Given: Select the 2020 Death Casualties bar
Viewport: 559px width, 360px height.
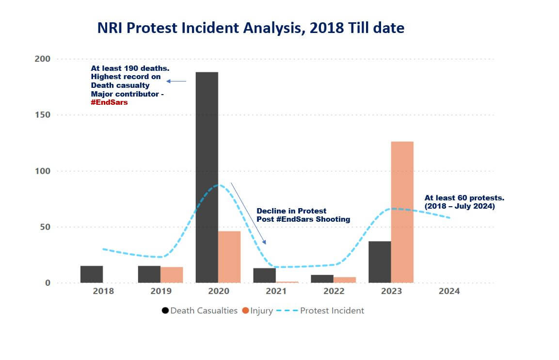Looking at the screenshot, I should point(207,177).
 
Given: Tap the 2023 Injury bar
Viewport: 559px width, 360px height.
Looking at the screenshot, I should point(402,212).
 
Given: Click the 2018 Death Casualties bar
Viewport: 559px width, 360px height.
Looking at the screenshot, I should point(92,274).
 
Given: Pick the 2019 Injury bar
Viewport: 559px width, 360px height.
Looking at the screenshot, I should point(172,275).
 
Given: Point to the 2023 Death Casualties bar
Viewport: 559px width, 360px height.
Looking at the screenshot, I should point(380,262).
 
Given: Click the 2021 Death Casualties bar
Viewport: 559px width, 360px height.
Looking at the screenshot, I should point(264,275).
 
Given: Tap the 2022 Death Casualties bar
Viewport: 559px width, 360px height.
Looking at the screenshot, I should point(322,278).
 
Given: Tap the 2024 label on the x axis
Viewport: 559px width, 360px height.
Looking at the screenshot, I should point(449,292).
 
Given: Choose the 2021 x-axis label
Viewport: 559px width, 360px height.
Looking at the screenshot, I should point(276,292).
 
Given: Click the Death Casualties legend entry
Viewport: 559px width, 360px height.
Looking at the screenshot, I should point(200,311).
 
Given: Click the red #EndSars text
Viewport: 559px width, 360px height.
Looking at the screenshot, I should point(109,102).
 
